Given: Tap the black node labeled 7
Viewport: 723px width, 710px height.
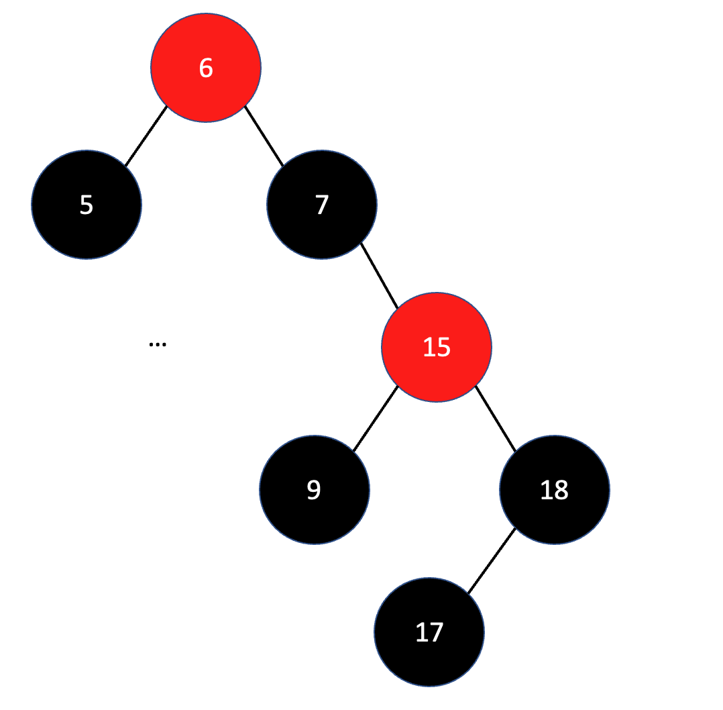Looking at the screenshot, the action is pyautogui.click(x=322, y=228).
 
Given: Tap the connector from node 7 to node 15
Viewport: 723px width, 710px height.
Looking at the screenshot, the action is pyautogui.click(x=380, y=276).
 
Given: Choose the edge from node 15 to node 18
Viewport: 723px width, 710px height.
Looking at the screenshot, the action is pyautogui.click(x=496, y=419).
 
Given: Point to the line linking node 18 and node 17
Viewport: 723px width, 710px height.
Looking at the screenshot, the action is pyautogui.click(x=492, y=561).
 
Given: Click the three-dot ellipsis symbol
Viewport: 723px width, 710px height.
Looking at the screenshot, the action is pyautogui.click(x=157, y=344).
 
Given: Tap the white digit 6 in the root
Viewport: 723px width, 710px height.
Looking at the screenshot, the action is pyautogui.click(x=205, y=68).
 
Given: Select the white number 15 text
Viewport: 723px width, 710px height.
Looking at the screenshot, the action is pyautogui.click(x=436, y=347).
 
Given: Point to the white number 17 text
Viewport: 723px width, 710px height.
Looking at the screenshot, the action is pyautogui.click(x=429, y=632).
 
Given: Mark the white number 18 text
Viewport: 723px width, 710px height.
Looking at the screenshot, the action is pyautogui.click(x=554, y=490).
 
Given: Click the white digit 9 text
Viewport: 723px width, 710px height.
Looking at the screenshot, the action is pyautogui.click(x=314, y=490).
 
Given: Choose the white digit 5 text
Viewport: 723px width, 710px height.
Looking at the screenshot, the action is pyautogui.click(x=86, y=205).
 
